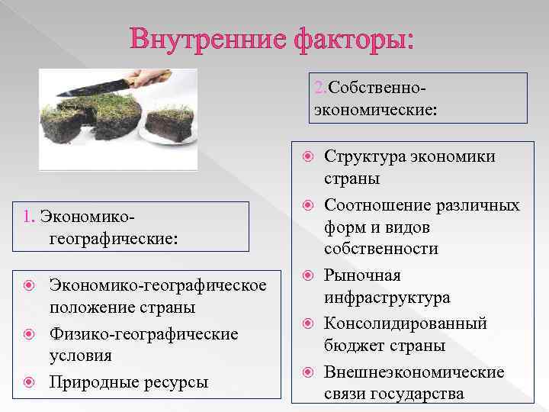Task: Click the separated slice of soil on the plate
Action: click(x=169, y=122)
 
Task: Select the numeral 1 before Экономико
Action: click(x=27, y=217)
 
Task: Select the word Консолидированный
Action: click(x=406, y=323)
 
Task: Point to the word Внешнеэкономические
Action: click(x=415, y=372)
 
